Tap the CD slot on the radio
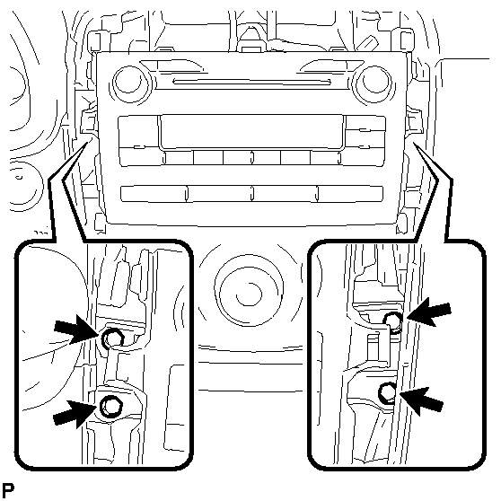coord(251,82)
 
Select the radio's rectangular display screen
coord(252,132)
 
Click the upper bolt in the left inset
coord(112,338)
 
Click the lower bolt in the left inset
coord(110,407)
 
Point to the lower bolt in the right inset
coord(387,392)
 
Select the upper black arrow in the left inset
coord(76,330)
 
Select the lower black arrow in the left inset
coord(75,414)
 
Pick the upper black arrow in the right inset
coord(428,312)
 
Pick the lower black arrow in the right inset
coord(421,400)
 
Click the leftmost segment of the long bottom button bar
coord(154,194)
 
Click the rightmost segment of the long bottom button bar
coord(350,194)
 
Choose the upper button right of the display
coord(365,123)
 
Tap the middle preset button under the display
coord(251,158)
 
